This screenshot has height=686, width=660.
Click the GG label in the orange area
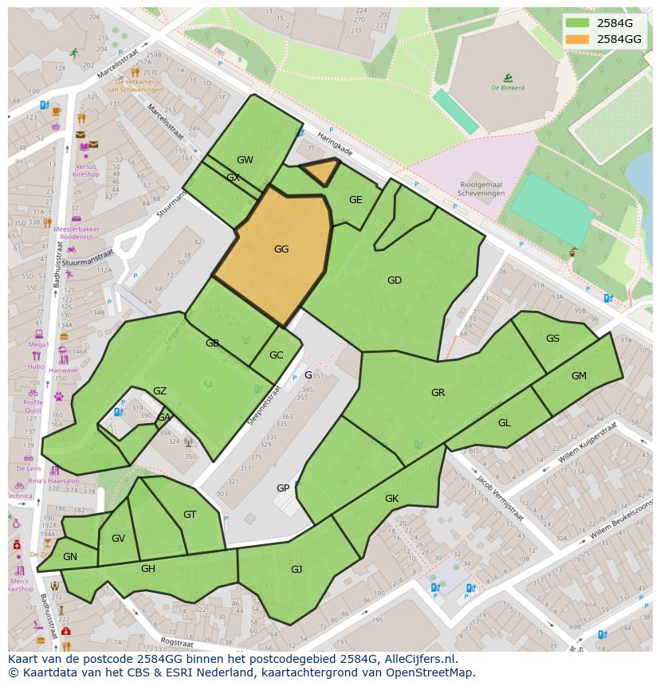tap(281, 249)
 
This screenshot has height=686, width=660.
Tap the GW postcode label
tap(245, 160)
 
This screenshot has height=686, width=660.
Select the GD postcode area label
tap(394, 280)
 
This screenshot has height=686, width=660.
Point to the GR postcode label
tap(438, 393)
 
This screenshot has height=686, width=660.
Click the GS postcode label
tap(552, 339)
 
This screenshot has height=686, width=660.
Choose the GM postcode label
tap(579, 376)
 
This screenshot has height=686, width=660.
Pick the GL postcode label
tap(504, 423)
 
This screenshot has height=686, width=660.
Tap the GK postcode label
tap(391, 499)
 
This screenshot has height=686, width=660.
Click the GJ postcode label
tap(297, 569)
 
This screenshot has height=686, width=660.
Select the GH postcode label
tap(148, 568)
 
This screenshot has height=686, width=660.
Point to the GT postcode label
tap(190, 515)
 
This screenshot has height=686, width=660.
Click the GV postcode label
tap(118, 539)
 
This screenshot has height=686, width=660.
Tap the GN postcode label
tap(70, 557)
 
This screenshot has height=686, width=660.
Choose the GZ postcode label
tap(159, 391)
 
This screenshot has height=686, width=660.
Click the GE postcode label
tap(356, 200)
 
